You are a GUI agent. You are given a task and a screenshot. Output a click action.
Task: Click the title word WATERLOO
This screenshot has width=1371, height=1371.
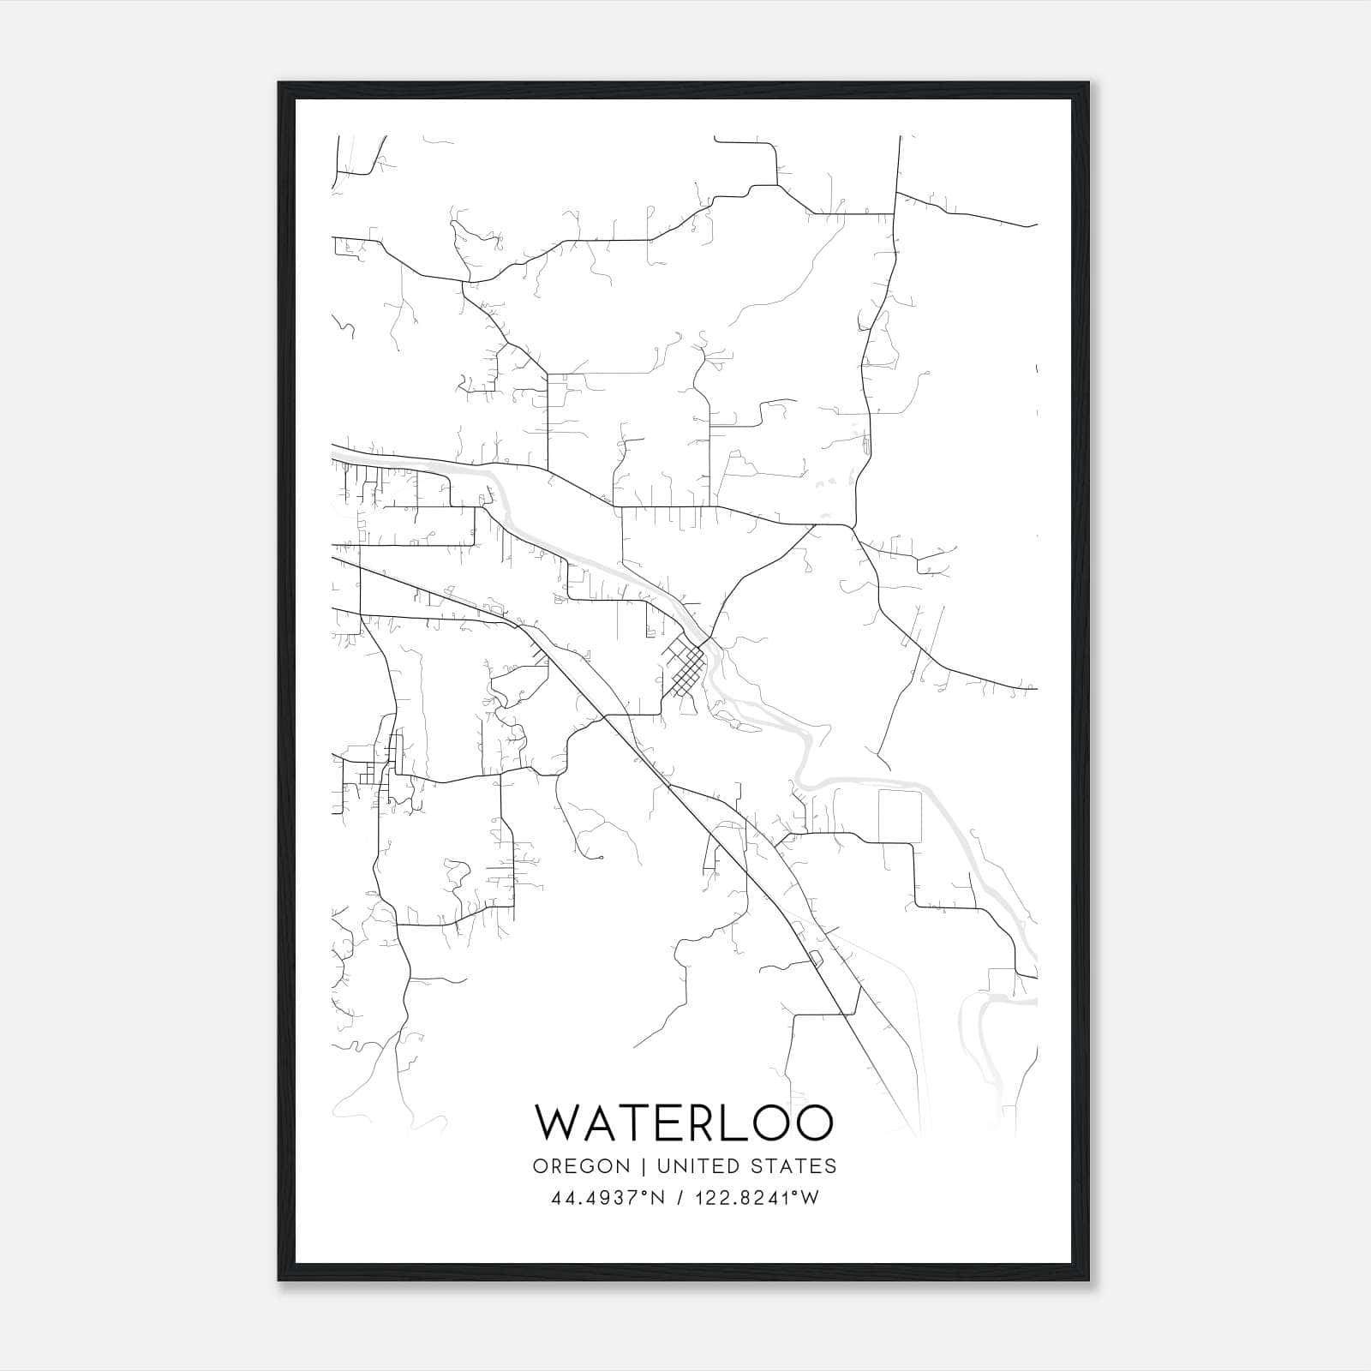click(684, 1122)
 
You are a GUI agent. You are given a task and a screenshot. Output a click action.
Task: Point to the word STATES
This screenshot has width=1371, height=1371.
click(794, 1166)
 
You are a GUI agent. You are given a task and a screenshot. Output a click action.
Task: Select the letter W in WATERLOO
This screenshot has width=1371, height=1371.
click(558, 1122)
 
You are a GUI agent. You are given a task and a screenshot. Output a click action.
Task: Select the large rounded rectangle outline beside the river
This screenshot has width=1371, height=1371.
click(900, 816)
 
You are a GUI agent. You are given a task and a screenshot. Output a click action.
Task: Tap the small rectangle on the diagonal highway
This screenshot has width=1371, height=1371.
click(815, 956)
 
